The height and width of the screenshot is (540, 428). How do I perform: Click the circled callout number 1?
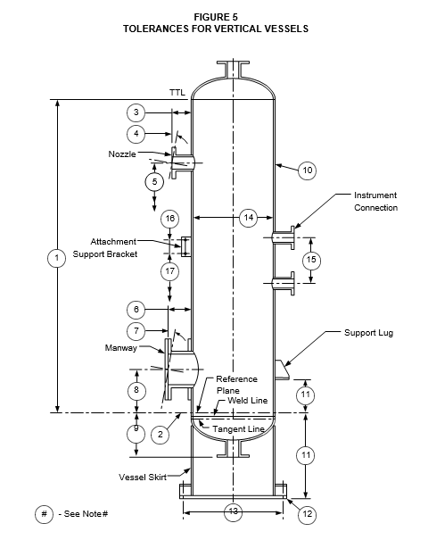[x=57, y=258]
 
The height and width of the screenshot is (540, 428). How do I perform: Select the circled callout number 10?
[x=307, y=170]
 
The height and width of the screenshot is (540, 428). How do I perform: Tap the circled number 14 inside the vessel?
[x=249, y=218]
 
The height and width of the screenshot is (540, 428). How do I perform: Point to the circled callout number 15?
[x=311, y=260]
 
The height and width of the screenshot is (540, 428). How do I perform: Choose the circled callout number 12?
[x=307, y=514]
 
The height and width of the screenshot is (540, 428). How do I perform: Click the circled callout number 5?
[x=154, y=182]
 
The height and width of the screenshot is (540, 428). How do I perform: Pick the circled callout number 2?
[x=160, y=435]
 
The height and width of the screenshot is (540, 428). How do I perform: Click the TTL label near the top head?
[x=177, y=93]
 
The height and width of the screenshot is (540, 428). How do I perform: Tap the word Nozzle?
[x=122, y=154]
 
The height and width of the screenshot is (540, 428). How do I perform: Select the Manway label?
[x=120, y=348]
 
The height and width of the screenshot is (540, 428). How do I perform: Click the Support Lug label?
[x=368, y=333]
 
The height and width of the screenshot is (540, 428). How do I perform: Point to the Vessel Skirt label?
[x=143, y=477]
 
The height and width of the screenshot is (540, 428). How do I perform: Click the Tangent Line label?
[x=238, y=429]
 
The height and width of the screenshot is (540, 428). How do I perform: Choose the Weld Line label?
[x=247, y=401]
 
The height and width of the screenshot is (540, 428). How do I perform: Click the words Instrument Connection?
[x=375, y=202]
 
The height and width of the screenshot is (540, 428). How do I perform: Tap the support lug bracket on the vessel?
[x=283, y=370]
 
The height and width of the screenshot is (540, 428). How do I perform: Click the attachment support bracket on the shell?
[x=185, y=246]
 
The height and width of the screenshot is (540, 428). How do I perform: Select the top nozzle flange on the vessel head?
[x=233, y=70]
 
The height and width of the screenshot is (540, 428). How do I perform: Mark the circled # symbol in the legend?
[x=44, y=514]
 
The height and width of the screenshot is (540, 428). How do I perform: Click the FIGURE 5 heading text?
[x=216, y=17]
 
